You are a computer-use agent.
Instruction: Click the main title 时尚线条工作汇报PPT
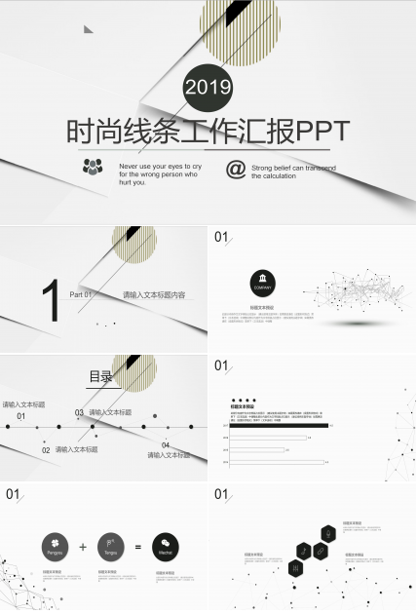[x=208, y=132]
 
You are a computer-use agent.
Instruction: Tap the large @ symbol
[x=235, y=170]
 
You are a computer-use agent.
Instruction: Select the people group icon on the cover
[x=93, y=167]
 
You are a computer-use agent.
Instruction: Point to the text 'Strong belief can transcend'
[x=293, y=169]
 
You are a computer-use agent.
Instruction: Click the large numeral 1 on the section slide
[x=51, y=298]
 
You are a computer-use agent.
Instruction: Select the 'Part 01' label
[x=81, y=294]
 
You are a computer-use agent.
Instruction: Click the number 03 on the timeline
[x=80, y=412]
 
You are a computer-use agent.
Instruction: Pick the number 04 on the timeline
[x=165, y=445]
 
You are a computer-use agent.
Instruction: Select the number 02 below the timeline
[x=46, y=451]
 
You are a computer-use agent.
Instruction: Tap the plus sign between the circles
[x=83, y=547]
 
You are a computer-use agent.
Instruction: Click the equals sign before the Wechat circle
[x=138, y=547]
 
